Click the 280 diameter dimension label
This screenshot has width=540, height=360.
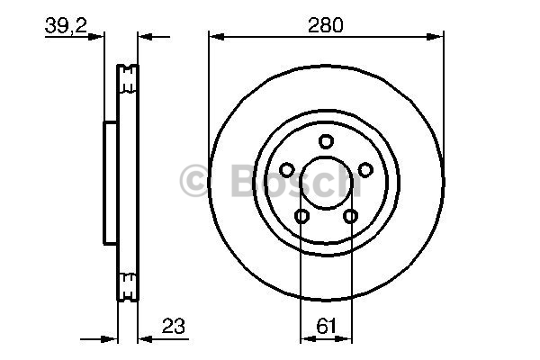[326, 25]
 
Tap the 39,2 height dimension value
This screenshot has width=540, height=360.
[66, 25]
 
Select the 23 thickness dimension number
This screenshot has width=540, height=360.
[173, 326]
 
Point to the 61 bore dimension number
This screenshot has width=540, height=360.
[326, 326]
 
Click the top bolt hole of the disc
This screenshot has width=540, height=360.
[326, 141]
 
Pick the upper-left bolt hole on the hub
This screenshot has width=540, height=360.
[286, 169]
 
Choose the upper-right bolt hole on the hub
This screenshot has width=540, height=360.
[365, 169]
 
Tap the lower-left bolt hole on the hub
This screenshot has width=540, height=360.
[301, 216]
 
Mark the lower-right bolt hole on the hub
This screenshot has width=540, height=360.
[350, 216]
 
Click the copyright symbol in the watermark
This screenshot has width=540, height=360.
[193, 181]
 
